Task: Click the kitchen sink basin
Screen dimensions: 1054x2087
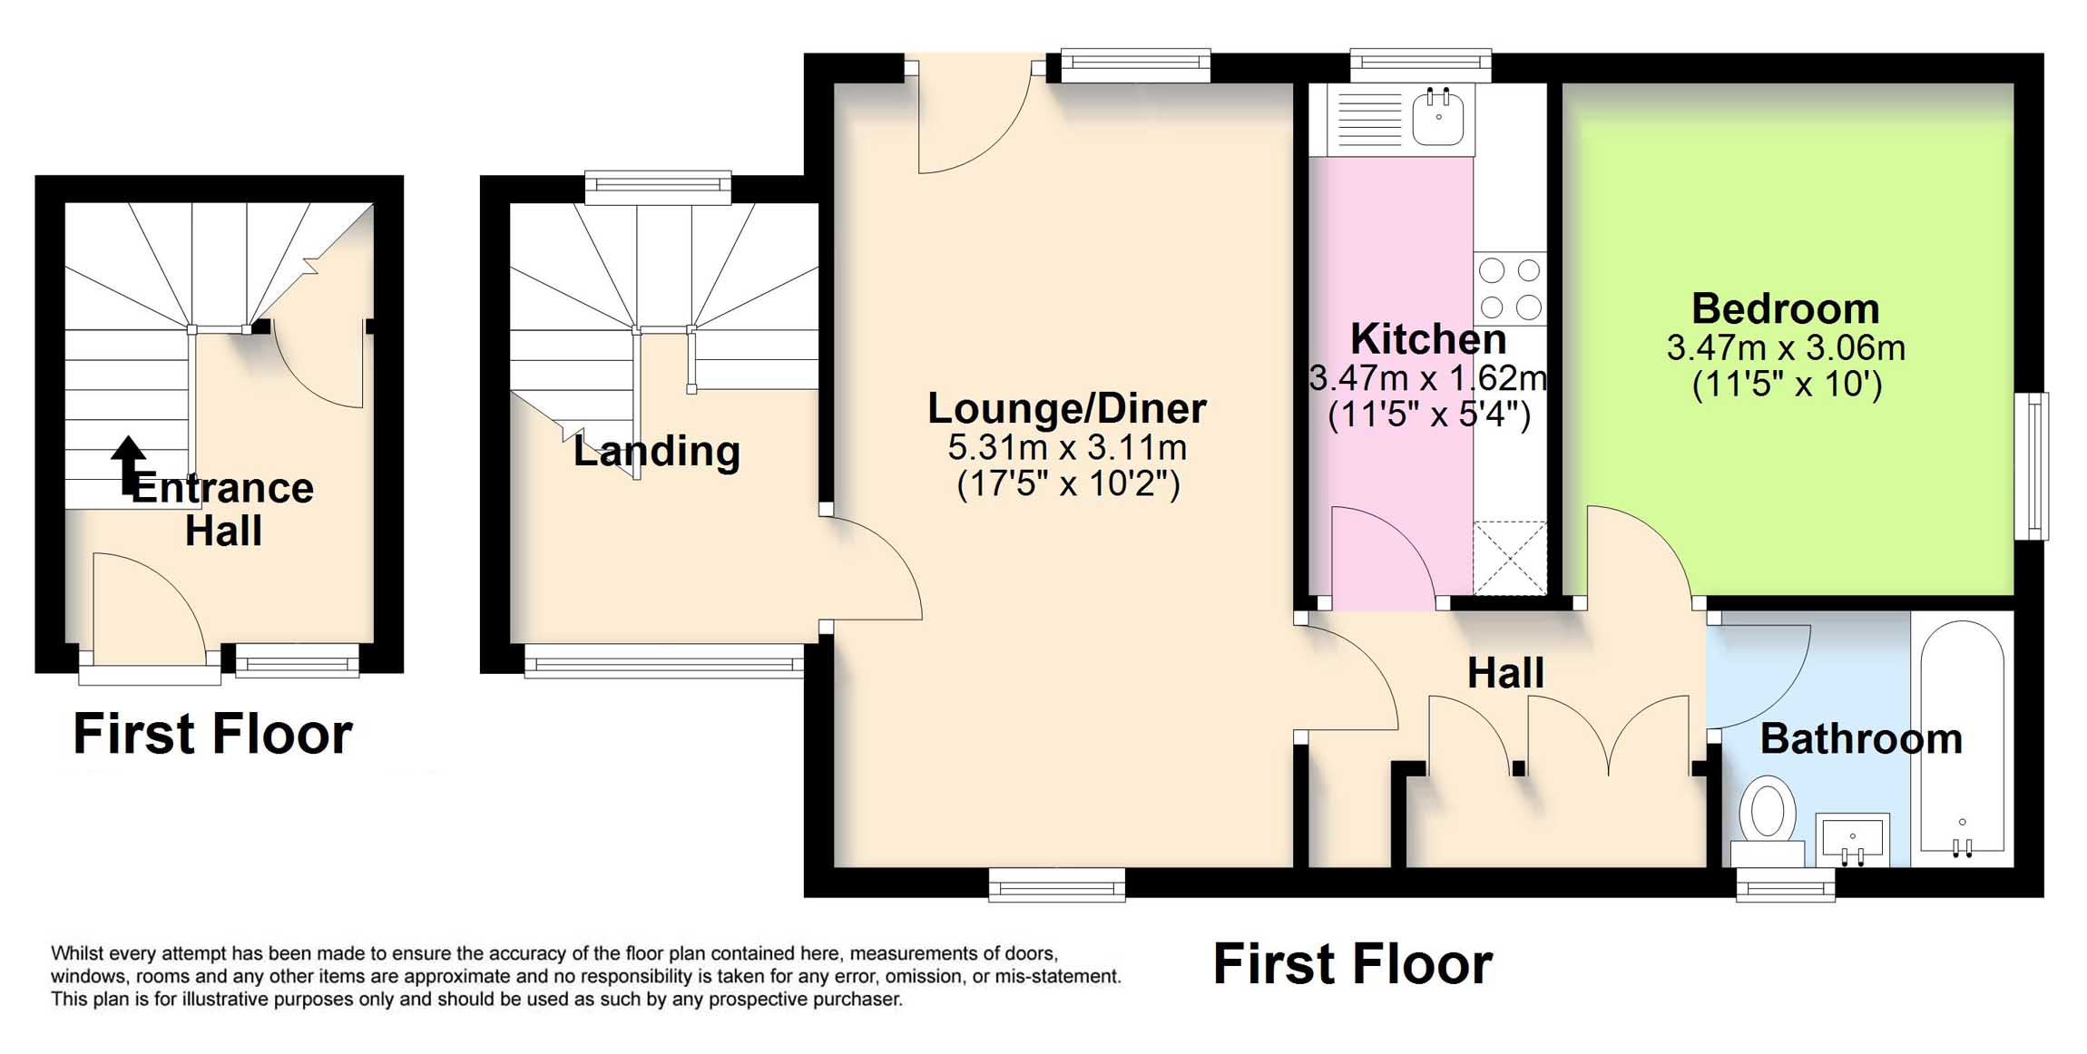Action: tap(1438, 118)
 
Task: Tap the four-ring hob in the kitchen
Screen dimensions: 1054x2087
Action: tap(1510, 288)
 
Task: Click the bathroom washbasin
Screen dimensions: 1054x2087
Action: tap(1852, 840)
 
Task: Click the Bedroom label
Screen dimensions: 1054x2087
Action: tap(1785, 309)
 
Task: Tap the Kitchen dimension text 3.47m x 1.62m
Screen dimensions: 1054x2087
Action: tap(1428, 377)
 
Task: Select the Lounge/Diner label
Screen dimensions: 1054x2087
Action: tap(1066, 408)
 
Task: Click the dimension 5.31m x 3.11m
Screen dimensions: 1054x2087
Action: tap(1067, 447)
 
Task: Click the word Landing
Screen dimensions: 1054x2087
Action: tap(656, 451)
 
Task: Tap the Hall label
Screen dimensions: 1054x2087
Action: tap(1505, 673)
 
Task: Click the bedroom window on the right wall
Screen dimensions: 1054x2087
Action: tap(2031, 465)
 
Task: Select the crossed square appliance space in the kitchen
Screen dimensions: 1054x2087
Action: tap(1509, 558)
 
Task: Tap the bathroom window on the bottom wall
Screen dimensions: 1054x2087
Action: tap(1785, 884)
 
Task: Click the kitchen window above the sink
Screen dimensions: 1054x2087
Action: tap(1420, 64)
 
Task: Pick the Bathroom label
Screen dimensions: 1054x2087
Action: tap(1860, 738)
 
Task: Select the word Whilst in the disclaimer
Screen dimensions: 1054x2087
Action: tap(77, 953)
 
